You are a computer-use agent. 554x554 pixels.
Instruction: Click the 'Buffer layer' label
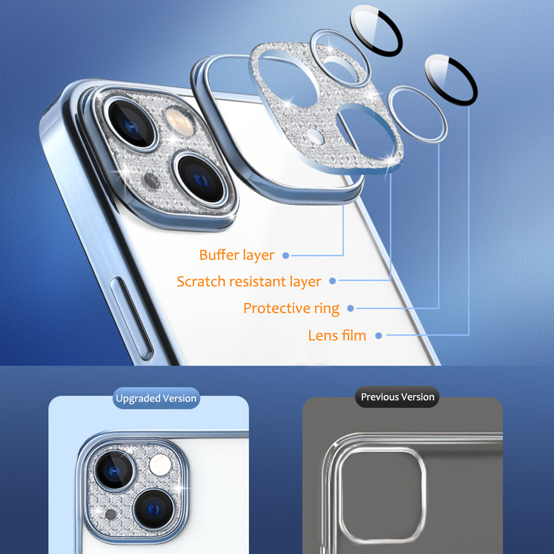tap(237, 255)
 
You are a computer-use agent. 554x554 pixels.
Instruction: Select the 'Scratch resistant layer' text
tap(249, 281)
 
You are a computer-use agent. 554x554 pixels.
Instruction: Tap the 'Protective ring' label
tap(291, 308)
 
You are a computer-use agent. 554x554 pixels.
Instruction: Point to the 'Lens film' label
tap(337, 335)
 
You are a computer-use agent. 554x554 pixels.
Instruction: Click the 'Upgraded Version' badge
tap(156, 398)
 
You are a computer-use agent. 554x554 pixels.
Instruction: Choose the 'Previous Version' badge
tap(397, 397)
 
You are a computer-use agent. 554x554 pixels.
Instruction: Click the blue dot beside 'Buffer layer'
tap(285, 255)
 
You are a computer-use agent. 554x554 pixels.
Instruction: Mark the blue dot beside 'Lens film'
tap(378, 335)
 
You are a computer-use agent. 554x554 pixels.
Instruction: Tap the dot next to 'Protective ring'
tap(351, 308)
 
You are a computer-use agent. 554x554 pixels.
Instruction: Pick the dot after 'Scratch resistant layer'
tap(332, 281)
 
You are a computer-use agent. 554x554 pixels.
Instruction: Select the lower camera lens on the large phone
tap(201, 178)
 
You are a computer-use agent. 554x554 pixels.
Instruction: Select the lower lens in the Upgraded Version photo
tap(153, 507)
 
